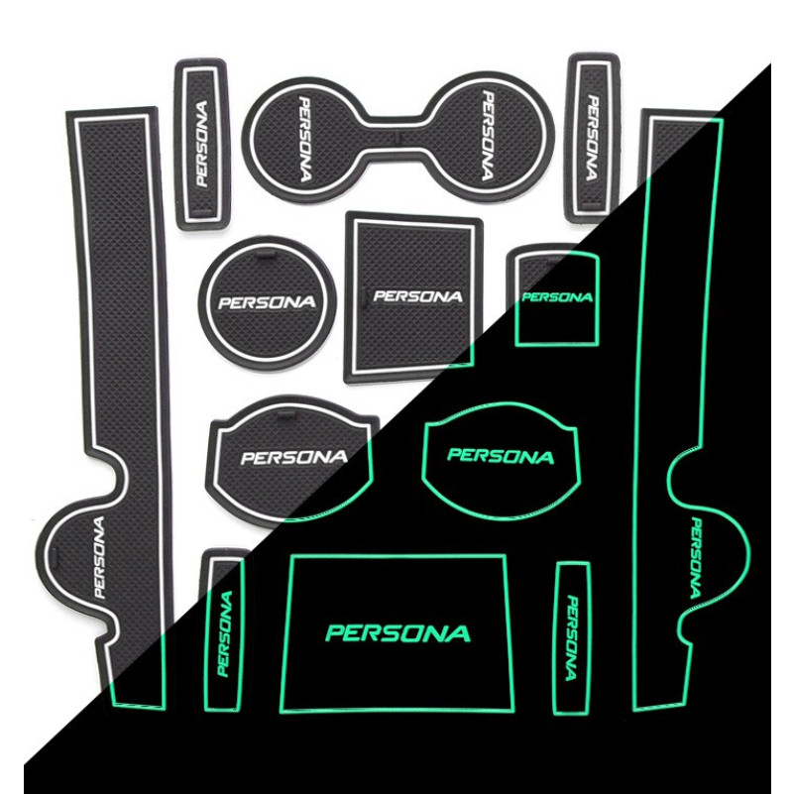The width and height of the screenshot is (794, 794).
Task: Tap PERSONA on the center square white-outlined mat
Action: [417, 295]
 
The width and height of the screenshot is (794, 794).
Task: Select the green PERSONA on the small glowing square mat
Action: [556, 297]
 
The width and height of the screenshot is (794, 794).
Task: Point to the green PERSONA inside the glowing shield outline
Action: [501, 456]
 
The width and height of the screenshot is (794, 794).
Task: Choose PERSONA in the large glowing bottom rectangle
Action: [398, 632]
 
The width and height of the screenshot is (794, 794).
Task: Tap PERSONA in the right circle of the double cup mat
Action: [487, 136]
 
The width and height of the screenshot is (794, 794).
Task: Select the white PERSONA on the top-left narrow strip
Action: [202, 144]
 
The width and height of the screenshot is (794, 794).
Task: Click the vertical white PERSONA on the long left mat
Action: [100, 557]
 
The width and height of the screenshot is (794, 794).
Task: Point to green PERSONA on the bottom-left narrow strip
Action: [224, 633]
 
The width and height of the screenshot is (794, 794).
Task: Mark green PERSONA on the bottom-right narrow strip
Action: [571, 637]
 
